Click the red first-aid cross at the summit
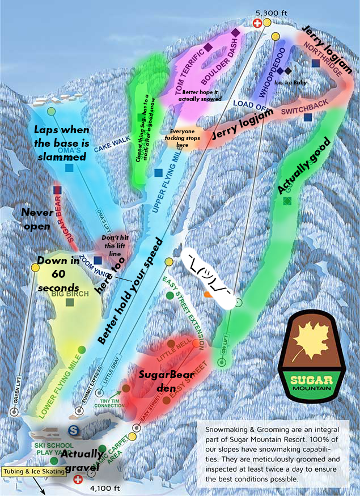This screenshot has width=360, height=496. click(257, 23)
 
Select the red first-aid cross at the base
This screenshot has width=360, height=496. click(78, 479)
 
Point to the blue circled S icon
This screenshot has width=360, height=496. click(73, 430)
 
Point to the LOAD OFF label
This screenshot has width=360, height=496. click(249, 103)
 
